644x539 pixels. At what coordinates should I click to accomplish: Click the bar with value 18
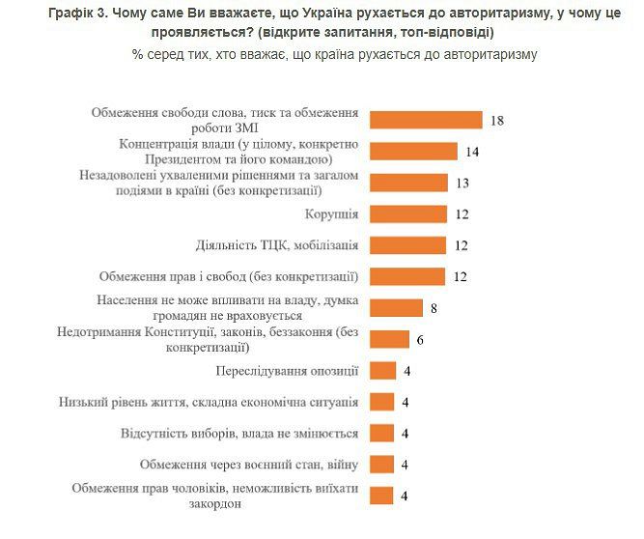427,120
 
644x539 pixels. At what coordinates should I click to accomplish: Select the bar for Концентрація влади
413,151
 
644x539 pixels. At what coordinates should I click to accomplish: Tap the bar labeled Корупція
408,213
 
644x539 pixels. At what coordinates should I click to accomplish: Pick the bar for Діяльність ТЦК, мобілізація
408,245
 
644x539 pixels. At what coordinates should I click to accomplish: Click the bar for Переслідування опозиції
383,370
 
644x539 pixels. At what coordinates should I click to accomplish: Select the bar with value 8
397,307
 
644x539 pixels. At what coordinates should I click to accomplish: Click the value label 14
471,152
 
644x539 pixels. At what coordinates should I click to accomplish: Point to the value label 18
498,121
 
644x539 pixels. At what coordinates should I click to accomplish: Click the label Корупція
330,213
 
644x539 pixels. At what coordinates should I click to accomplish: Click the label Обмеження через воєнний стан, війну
249,464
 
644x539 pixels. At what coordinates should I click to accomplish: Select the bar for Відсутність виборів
383,433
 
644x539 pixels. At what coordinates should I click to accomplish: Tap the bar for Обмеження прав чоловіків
383,496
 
